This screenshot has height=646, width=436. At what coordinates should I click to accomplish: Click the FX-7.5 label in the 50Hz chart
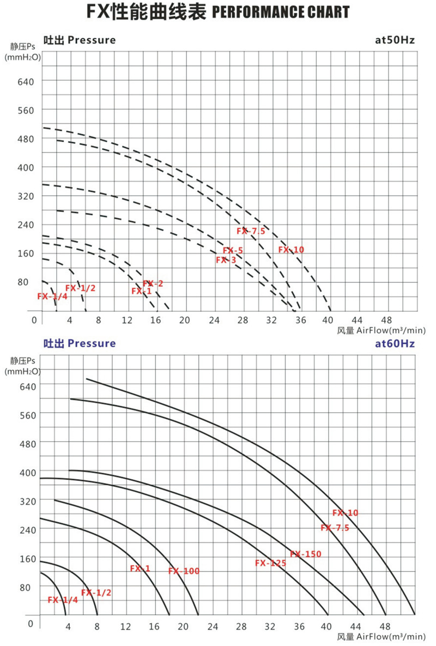click(251, 231)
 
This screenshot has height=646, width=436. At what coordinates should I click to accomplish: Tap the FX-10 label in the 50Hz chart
click(291, 250)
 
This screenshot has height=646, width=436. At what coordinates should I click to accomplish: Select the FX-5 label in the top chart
click(233, 251)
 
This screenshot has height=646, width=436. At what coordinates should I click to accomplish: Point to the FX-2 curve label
click(153, 283)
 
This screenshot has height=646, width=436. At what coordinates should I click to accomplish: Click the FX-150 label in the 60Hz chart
click(306, 554)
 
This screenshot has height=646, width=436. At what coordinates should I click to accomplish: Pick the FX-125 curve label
click(270, 563)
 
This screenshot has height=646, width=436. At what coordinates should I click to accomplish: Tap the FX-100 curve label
click(184, 571)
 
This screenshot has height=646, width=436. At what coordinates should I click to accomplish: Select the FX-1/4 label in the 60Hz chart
click(63, 600)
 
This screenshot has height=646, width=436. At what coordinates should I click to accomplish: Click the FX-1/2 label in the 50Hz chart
click(81, 288)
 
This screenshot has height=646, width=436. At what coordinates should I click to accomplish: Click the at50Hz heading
click(395, 40)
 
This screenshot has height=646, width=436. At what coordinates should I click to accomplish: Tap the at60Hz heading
click(395, 343)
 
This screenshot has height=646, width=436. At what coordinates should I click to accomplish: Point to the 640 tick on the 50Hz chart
click(27, 81)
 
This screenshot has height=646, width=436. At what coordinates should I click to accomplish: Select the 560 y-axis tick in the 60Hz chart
click(27, 414)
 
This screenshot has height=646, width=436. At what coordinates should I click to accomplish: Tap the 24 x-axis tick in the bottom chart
click(213, 626)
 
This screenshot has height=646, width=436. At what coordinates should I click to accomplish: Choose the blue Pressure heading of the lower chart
click(92, 343)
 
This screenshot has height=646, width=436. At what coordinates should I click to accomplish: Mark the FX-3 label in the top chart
click(226, 260)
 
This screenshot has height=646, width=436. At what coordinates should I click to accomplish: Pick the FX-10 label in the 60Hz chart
click(345, 513)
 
